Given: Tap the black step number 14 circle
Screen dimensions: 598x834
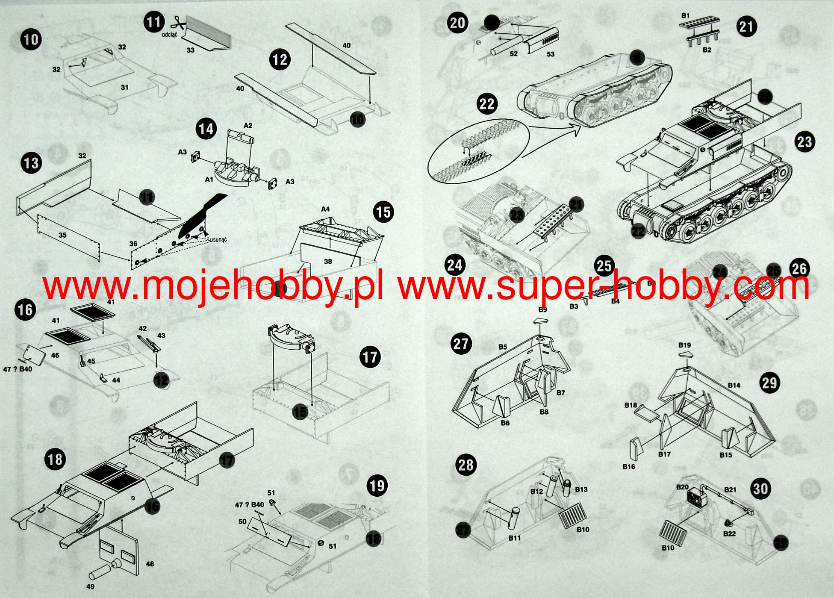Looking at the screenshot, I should pos(206,129).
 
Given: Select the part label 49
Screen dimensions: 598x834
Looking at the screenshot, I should pos(90,586).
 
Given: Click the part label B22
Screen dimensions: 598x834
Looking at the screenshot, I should pos(729,534).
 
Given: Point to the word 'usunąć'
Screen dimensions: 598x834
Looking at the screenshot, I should pos(218,239).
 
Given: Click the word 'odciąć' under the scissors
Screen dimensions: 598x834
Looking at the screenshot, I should pos(169,34).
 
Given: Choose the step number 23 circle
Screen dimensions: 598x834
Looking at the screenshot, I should pos(805,141).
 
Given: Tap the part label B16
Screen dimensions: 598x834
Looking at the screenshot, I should pos(628,467).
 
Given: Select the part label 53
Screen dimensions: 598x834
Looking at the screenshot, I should pos(551,54).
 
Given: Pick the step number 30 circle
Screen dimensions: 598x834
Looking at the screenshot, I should pos(760,489).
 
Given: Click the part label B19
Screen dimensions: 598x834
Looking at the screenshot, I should pos(684,345).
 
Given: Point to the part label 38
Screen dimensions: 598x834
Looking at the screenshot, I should pos(328,261).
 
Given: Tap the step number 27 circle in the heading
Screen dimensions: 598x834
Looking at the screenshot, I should pos(461,344).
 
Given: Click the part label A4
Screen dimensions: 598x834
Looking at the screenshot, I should pos(325,209).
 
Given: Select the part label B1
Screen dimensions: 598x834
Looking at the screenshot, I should pos(685,15).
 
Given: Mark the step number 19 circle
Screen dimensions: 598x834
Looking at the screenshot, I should pos(377,486).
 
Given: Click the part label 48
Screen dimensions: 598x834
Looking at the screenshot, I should pos(150,564).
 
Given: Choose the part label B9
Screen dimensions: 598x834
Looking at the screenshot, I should pos(542,309).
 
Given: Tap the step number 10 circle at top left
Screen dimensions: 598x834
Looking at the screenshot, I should pos(31,40).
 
